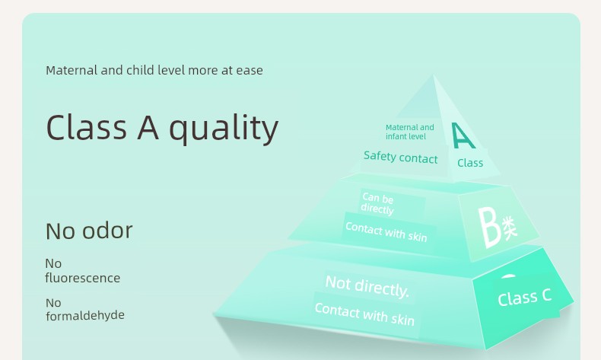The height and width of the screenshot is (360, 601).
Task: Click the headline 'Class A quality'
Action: click(162, 128)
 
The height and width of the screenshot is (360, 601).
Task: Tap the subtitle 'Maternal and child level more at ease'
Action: click(154, 70)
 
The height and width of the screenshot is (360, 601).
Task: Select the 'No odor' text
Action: click(89, 231)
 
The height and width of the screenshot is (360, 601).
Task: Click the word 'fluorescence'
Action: click(82, 278)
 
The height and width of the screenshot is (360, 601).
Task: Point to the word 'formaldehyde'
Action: click(85, 315)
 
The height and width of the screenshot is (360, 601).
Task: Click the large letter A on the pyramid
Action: click(463, 135)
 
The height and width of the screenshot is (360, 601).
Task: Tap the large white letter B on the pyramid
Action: click(489, 228)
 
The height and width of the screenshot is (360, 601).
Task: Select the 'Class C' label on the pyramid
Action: click(524, 297)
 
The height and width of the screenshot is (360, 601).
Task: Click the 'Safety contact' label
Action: click(400, 158)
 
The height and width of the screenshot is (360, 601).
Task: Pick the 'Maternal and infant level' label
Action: click(410, 132)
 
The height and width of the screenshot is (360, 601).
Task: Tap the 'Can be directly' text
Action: click(377, 203)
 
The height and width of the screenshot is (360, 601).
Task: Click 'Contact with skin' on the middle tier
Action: click(386, 232)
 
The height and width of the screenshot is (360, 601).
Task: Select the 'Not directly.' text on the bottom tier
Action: click(367, 286)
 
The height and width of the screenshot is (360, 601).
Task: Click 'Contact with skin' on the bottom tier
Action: click(364, 314)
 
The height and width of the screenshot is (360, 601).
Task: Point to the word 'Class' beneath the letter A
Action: click(470, 163)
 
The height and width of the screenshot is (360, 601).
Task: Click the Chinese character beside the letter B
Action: click(509, 228)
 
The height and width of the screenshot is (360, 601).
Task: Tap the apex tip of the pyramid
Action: click(434, 75)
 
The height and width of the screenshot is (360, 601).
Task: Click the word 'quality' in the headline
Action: click(224, 129)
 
